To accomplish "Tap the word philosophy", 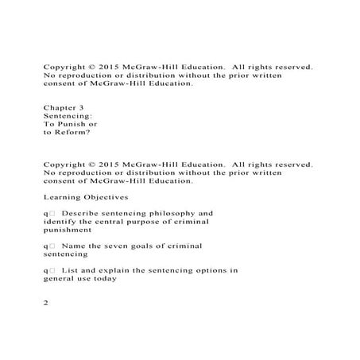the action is tap(184, 213).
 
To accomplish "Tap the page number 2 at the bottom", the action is tap(47, 303).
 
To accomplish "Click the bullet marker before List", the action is tap(49, 270).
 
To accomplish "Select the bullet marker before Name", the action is tap(49, 246).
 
